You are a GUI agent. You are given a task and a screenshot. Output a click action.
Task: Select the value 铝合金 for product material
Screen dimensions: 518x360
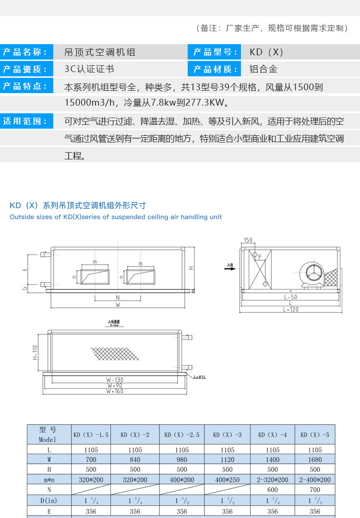[264, 69]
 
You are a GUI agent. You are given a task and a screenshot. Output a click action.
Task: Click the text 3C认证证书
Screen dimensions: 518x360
[89, 69]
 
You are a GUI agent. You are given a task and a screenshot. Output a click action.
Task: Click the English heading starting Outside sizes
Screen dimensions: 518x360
[116, 217]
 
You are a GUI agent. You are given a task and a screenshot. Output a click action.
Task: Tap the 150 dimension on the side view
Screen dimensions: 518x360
[248, 240]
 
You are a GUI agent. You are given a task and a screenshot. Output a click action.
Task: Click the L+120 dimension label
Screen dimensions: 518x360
[291, 310]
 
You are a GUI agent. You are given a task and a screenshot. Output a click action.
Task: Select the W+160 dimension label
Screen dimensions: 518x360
[114, 391]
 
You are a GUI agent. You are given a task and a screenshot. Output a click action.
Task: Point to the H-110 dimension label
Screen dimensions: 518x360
[35, 352]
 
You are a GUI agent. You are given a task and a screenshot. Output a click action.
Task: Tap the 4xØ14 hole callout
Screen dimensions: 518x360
[200, 377]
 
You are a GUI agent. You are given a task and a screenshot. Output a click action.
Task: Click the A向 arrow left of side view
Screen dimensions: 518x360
[230, 266]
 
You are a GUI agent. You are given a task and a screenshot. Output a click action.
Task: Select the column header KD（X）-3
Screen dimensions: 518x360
[227, 435]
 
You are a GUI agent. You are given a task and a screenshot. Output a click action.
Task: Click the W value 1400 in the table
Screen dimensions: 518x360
[272, 460]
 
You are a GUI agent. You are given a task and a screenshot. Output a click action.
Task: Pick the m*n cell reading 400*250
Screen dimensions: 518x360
[227, 480]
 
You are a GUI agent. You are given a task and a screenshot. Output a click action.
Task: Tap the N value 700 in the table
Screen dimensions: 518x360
[315, 490]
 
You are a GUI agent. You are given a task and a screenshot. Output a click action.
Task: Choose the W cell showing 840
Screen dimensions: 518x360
[135, 460]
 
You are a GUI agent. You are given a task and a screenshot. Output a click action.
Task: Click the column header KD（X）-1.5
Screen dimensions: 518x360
[91, 435]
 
